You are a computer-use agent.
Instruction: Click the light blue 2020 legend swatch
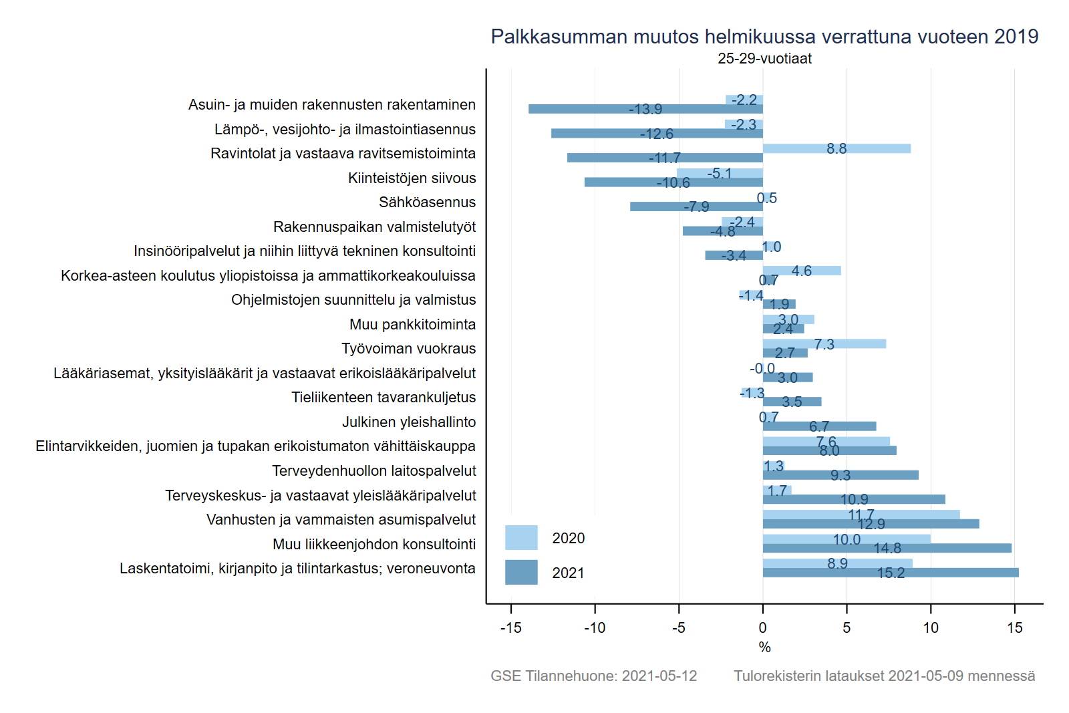coord(521,538)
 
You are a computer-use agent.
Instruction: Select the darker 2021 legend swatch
coord(521,573)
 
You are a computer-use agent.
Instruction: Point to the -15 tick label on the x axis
coord(510,628)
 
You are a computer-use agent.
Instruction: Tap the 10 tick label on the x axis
coord(931,628)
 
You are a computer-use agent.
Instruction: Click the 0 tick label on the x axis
coord(763,628)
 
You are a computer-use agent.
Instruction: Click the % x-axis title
coord(765,648)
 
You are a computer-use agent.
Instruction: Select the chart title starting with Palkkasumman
coord(764,37)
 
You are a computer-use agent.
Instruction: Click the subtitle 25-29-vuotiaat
coord(764,59)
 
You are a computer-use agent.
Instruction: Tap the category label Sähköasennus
coord(427,202)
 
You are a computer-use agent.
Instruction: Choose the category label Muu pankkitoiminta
coord(412,325)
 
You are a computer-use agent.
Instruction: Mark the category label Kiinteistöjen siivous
coord(412,178)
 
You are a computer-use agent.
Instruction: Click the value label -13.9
coord(645,110)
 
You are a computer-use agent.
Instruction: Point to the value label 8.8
coord(836,148)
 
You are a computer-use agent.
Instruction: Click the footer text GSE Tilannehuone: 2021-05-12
coord(593,676)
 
